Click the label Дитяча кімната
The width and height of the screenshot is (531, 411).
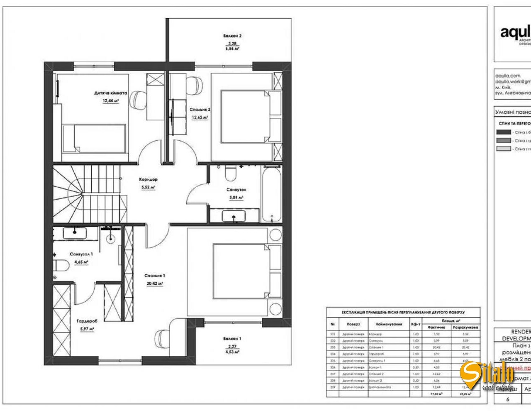(x=110, y=93)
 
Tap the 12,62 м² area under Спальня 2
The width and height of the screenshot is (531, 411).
(x=200, y=117)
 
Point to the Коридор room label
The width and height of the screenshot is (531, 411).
(x=148, y=180)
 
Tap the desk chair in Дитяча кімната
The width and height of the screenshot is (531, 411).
(x=138, y=99)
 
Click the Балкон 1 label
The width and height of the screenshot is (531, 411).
(x=232, y=338)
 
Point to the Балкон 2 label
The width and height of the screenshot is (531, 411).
(x=232, y=36)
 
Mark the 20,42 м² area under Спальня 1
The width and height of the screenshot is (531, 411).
(x=155, y=284)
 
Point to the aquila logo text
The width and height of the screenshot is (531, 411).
(x=515, y=32)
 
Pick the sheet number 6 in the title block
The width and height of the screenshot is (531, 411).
(x=507, y=399)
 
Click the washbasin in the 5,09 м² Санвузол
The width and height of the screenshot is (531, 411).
(x=234, y=216)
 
